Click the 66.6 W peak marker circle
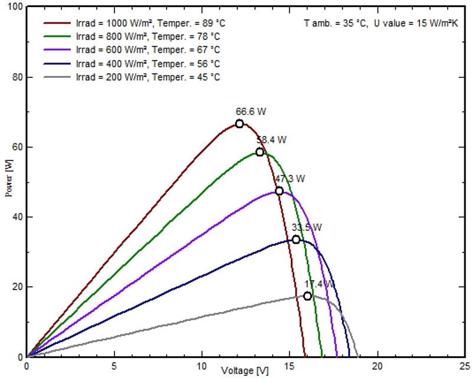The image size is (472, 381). pyautogui.click(x=240, y=124)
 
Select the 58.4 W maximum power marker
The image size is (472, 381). pyautogui.click(x=260, y=152)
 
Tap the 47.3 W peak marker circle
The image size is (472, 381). pyautogui.click(x=279, y=191)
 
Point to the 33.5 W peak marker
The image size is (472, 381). pyautogui.click(x=296, y=239)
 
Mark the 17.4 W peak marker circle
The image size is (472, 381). pyautogui.click(x=307, y=296)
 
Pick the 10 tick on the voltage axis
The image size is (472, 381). pyautogui.click(x=202, y=366)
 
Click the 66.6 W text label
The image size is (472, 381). pyautogui.click(x=248, y=110)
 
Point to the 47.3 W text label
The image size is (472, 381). pyautogui.click(x=290, y=178)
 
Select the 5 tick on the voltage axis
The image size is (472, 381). pyautogui.click(x=114, y=366)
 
